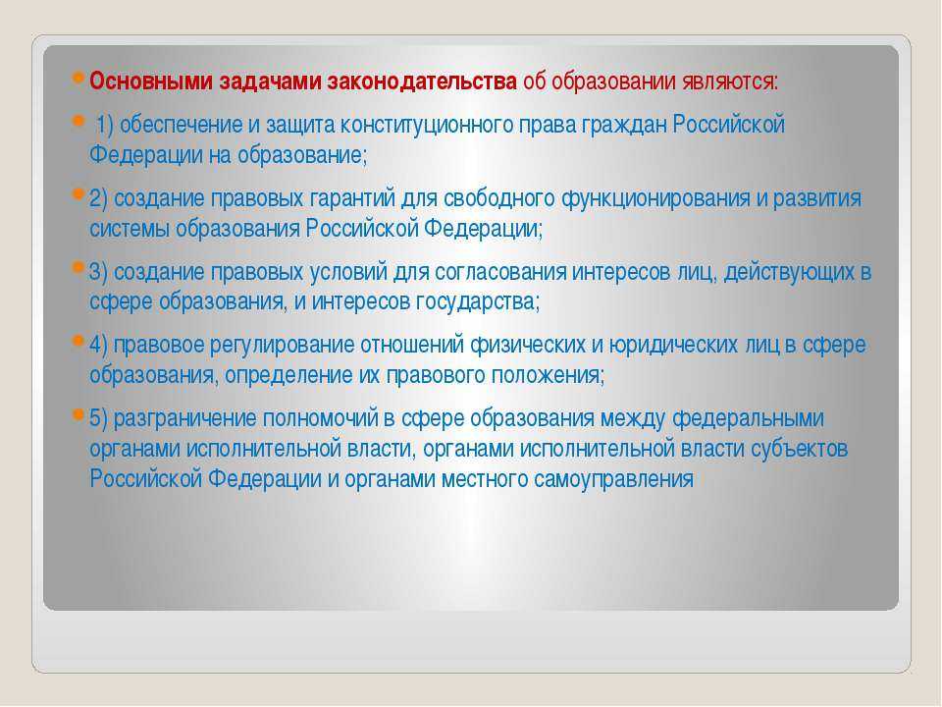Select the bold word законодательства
422,82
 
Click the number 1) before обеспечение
105,125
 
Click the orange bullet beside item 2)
78,194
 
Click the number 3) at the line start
98,272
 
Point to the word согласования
500,272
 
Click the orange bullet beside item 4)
78,341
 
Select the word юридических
673,346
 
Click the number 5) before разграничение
98,418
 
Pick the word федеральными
748,419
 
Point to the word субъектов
800,449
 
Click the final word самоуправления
613,480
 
